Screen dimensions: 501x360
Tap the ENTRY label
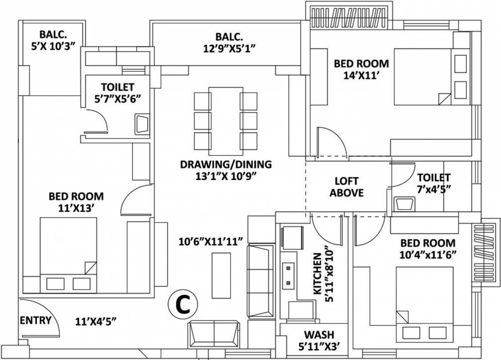(x=36, y=320)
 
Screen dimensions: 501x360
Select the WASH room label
(x=319, y=335)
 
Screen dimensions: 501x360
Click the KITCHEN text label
(x=317, y=274)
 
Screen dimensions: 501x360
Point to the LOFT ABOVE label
(x=347, y=187)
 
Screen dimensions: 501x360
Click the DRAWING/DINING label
(x=226, y=165)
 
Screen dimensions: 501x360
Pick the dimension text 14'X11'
(x=361, y=75)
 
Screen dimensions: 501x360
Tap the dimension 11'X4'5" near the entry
(x=96, y=321)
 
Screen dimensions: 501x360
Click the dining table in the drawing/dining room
(x=226, y=119)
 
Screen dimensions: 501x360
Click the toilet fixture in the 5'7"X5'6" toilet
(x=142, y=124)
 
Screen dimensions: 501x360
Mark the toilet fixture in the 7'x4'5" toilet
(x=404, y=203)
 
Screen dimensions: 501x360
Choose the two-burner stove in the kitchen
(x=288, y=276)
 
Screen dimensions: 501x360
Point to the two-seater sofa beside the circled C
(x=213, y=335)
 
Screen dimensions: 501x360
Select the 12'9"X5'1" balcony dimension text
(x=229, y=48)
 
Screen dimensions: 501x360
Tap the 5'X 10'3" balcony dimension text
(x=53, y=46)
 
